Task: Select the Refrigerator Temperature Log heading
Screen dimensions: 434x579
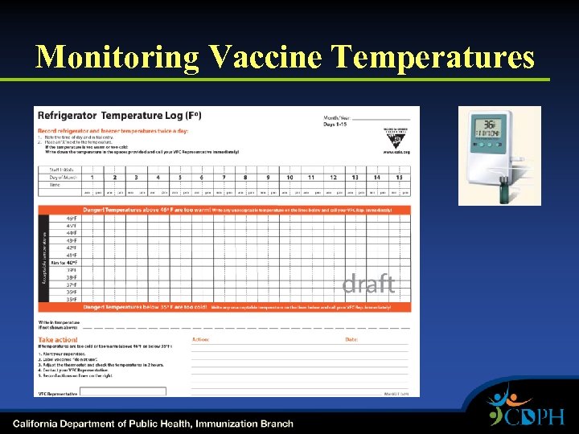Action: (119, 116)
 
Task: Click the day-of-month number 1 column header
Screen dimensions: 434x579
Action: (92, 177)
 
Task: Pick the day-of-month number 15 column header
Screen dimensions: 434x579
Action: (398, 177)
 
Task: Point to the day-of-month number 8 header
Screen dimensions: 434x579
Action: (245, 177)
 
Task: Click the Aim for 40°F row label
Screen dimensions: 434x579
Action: (64, 262)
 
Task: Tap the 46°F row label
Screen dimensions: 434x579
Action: (72, 218)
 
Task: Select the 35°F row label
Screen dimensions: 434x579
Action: (72, 299)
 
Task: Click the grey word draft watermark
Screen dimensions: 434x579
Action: (368, 284)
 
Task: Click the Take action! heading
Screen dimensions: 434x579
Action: (58, 340)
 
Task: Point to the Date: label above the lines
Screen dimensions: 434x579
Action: (351, 339)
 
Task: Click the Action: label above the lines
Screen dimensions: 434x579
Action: (200, 339)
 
